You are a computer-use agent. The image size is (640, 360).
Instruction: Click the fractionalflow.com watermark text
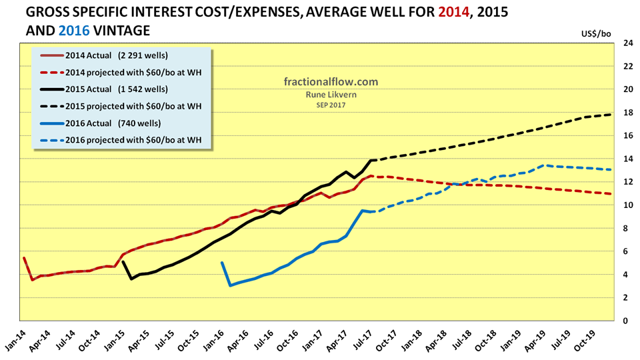click(x=331, y=82)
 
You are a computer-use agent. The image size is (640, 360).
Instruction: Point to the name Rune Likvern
click(x=331, y=95)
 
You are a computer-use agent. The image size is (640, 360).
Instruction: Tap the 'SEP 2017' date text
click(x=331, y=105)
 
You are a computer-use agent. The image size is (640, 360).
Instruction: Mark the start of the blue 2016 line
click(x=222, y=263)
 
